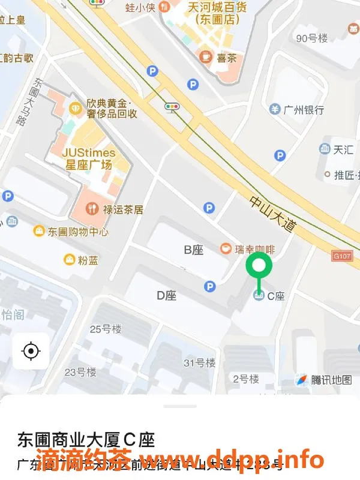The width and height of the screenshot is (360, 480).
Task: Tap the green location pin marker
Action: [x=259, y=265]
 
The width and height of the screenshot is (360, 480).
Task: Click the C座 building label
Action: [x=275, y=295]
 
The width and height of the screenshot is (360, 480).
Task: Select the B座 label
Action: [x=193, y=250]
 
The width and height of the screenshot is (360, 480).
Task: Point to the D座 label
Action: [x=166, y=295]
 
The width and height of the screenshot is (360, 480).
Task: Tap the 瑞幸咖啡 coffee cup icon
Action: [x=226, y=248]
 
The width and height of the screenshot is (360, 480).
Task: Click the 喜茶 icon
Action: [x=206, y=57]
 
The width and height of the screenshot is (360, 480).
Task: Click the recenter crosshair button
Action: [x=31, y=351]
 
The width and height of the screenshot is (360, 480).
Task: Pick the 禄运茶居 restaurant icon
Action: [x=92, y=209]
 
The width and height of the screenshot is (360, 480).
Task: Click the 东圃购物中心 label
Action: [x=78, y=231]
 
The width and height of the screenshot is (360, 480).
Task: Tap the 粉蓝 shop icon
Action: [x=69, y=260]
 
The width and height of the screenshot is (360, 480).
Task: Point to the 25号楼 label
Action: [x=105, y=329]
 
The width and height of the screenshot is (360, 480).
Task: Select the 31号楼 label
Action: [x=199, y=363]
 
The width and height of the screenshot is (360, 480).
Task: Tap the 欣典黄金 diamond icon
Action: [x=76, y=107]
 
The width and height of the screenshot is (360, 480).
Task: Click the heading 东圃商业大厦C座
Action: [x=86, y=440]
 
